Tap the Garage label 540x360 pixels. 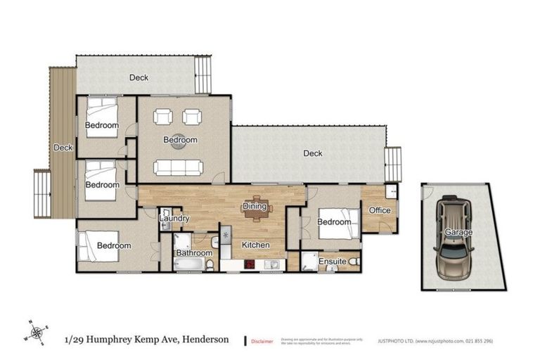pos(458,232)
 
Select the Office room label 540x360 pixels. pos(380,210)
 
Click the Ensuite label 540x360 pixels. pos(332,262)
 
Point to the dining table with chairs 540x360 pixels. pos(256,208)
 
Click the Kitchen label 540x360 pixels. pos(256,245)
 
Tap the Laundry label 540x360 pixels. pos(174,219)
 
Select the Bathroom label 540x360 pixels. pos(194,252)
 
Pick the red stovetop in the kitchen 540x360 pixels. pos(250,265)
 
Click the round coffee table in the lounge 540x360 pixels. pos(180,140)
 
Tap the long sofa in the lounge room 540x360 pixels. pos(179,167)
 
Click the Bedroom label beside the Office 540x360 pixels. pos(333,222)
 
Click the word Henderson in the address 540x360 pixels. pos(205,339)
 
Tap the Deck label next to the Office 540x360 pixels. pos(312,153)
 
